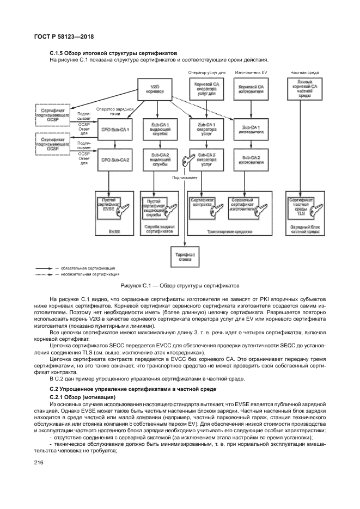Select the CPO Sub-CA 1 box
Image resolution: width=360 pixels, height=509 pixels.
115,129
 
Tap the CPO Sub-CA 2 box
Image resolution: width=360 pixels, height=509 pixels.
115,160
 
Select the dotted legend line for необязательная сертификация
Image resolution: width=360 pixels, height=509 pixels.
43,274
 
